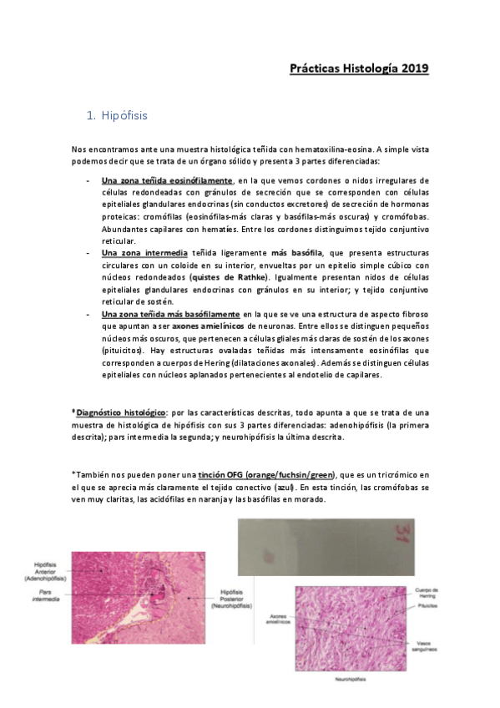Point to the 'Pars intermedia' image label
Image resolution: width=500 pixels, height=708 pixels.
pos(41,594)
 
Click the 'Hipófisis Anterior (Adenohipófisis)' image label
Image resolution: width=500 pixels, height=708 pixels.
pos(44,569)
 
